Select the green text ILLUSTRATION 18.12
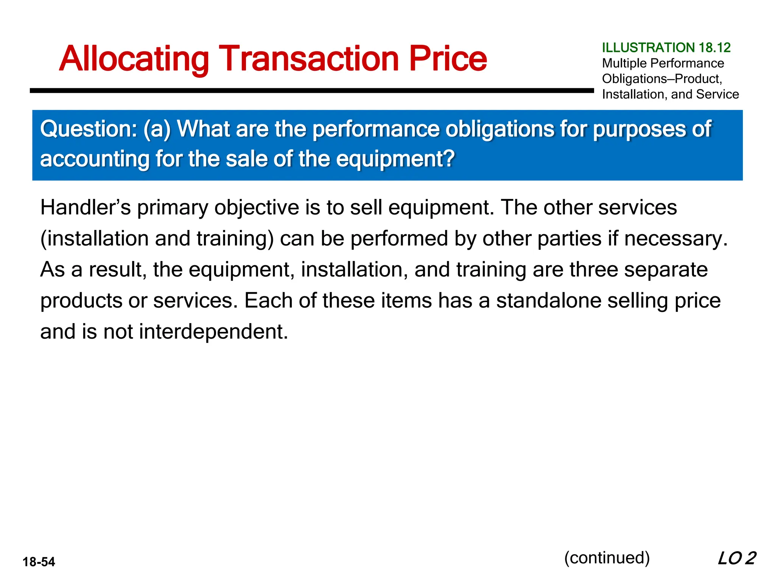tap(666, 48)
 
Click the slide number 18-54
tap(39, 562)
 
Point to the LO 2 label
tap(736, 558)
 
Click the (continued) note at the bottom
tap(607, 558)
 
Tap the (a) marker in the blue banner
tap(157, 129)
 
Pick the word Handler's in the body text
tap(86, 208)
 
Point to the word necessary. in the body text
tap(676, 239)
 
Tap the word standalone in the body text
tap(548, 301)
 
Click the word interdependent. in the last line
tap(213, 332)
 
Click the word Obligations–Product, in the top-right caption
tap(662, 79)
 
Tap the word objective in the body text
tap(257, 208)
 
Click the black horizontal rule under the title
tap(312, 91)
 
